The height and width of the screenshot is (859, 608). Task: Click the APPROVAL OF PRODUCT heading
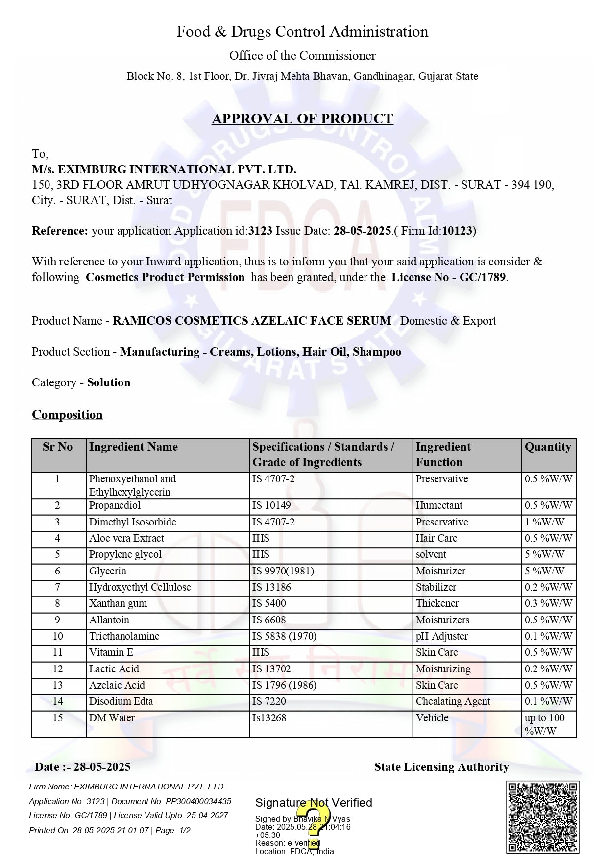(302, 119)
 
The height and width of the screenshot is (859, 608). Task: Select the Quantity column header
(548, 447)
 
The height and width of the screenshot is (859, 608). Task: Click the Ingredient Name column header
(133, 447)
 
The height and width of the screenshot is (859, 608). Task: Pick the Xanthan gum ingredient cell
(118, 603)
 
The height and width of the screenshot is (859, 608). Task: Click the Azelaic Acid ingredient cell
(117, 685)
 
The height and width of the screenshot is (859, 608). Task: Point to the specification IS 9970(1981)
(283, 571)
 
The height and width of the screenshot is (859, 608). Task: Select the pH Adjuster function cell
(442, 636)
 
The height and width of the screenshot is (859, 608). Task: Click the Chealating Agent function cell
(453, 701)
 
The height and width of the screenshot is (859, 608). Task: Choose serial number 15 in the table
(58, 718)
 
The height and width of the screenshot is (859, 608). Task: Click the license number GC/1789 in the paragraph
(482, 278)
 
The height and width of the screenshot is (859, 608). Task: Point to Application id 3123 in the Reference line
(260, 231)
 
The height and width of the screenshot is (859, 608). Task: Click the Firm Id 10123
(457, 231)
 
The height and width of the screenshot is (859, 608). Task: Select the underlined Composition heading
(67, 415)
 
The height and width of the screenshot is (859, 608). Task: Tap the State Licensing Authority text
(441, 767)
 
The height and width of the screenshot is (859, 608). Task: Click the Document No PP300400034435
(198, 801)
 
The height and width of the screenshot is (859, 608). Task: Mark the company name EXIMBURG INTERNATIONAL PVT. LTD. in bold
(164, 169)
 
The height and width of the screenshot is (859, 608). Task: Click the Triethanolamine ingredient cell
(124, 636)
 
